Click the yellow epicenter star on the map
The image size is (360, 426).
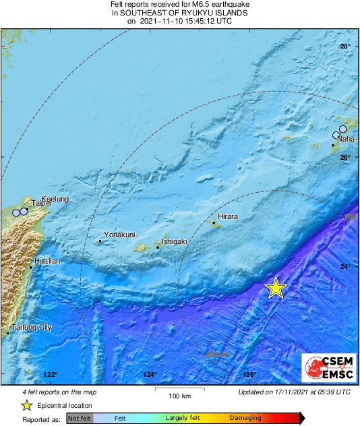click(x=275, y=288)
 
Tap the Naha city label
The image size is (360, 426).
click(x=346, y=139)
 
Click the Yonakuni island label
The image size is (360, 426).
click(x=120, y=235)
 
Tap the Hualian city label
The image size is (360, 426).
click(x=47, y=261)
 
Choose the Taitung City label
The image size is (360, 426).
click(x=32, y=327)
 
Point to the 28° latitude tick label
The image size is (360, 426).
click(x=344, y=47)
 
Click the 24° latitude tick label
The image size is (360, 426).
click(x=344, y=268)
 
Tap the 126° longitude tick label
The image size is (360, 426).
click(x=249, y=374)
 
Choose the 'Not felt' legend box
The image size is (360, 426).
click(x=80, y=419)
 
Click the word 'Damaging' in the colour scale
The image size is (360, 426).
click(x=245, y=419)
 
